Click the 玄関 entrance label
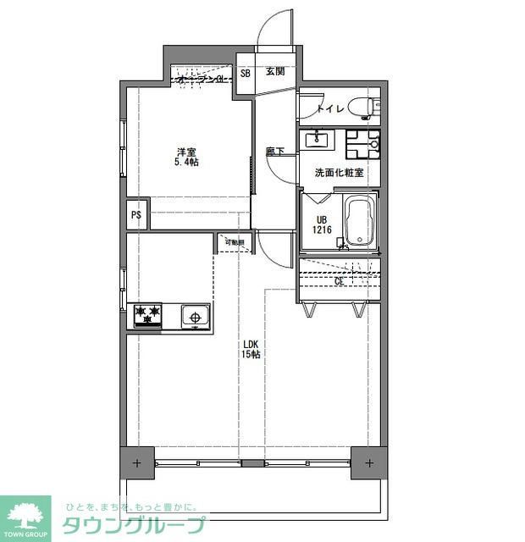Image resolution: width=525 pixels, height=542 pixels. click(x=274, y=72)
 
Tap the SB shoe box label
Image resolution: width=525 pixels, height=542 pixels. click(x=246, y=73)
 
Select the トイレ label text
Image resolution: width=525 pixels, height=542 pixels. click(x=329, y=108)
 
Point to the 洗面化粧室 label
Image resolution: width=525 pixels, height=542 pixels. click(x=339, y=173)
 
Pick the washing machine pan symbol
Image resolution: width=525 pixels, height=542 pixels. click(x=362, y=143)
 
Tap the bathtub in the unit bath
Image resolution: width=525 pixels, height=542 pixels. click(x=359, y=222)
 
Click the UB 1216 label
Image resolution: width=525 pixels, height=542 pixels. click(x=321, y=224)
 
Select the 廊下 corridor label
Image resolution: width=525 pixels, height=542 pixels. click(x=274, y=152)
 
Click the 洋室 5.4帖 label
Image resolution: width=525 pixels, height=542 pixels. click(x=186, y=157)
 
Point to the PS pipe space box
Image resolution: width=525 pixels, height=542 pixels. click(x=135, y=214)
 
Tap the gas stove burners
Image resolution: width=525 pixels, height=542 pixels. click(x=148, y=316)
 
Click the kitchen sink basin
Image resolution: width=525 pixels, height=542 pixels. click(x=196, y=318)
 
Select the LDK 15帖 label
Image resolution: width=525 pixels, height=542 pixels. click(x=251, y=349)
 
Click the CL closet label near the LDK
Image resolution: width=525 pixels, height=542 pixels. click(x=339, y=280)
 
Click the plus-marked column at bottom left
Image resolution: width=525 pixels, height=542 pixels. click(x=136, y=463)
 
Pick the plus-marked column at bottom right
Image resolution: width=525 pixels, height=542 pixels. click(x=369, y=463)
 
